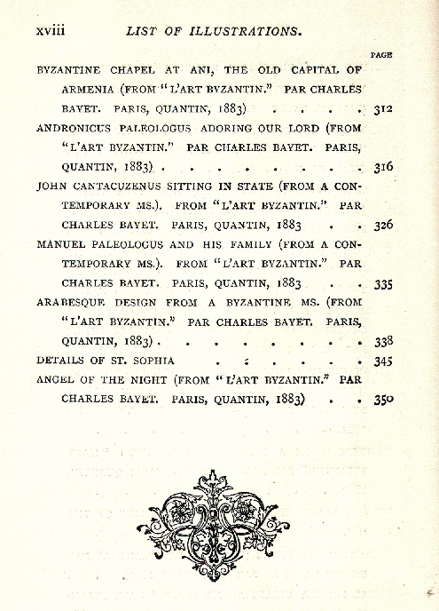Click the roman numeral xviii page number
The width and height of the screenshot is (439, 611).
pyautogui.click(x=52, y=30)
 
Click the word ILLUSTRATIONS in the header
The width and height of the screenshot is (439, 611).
pyautogui.click(x=245, y=30)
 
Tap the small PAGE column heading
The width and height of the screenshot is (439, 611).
pyautogui.click(x=381, y=55)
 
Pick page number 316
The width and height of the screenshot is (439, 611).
pyautogui.click(x=382, y=167)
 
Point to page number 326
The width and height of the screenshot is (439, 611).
pyautogui.click(x=382, y=225)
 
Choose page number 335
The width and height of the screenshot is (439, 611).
pyautogui.click(x=382, y=284)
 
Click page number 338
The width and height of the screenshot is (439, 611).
pyautogui.click(x=382, y=341)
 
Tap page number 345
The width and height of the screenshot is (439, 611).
pyautogui.click(x=382, y=361)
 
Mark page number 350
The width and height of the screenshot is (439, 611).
pyautogui.click(x=382, y=399)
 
